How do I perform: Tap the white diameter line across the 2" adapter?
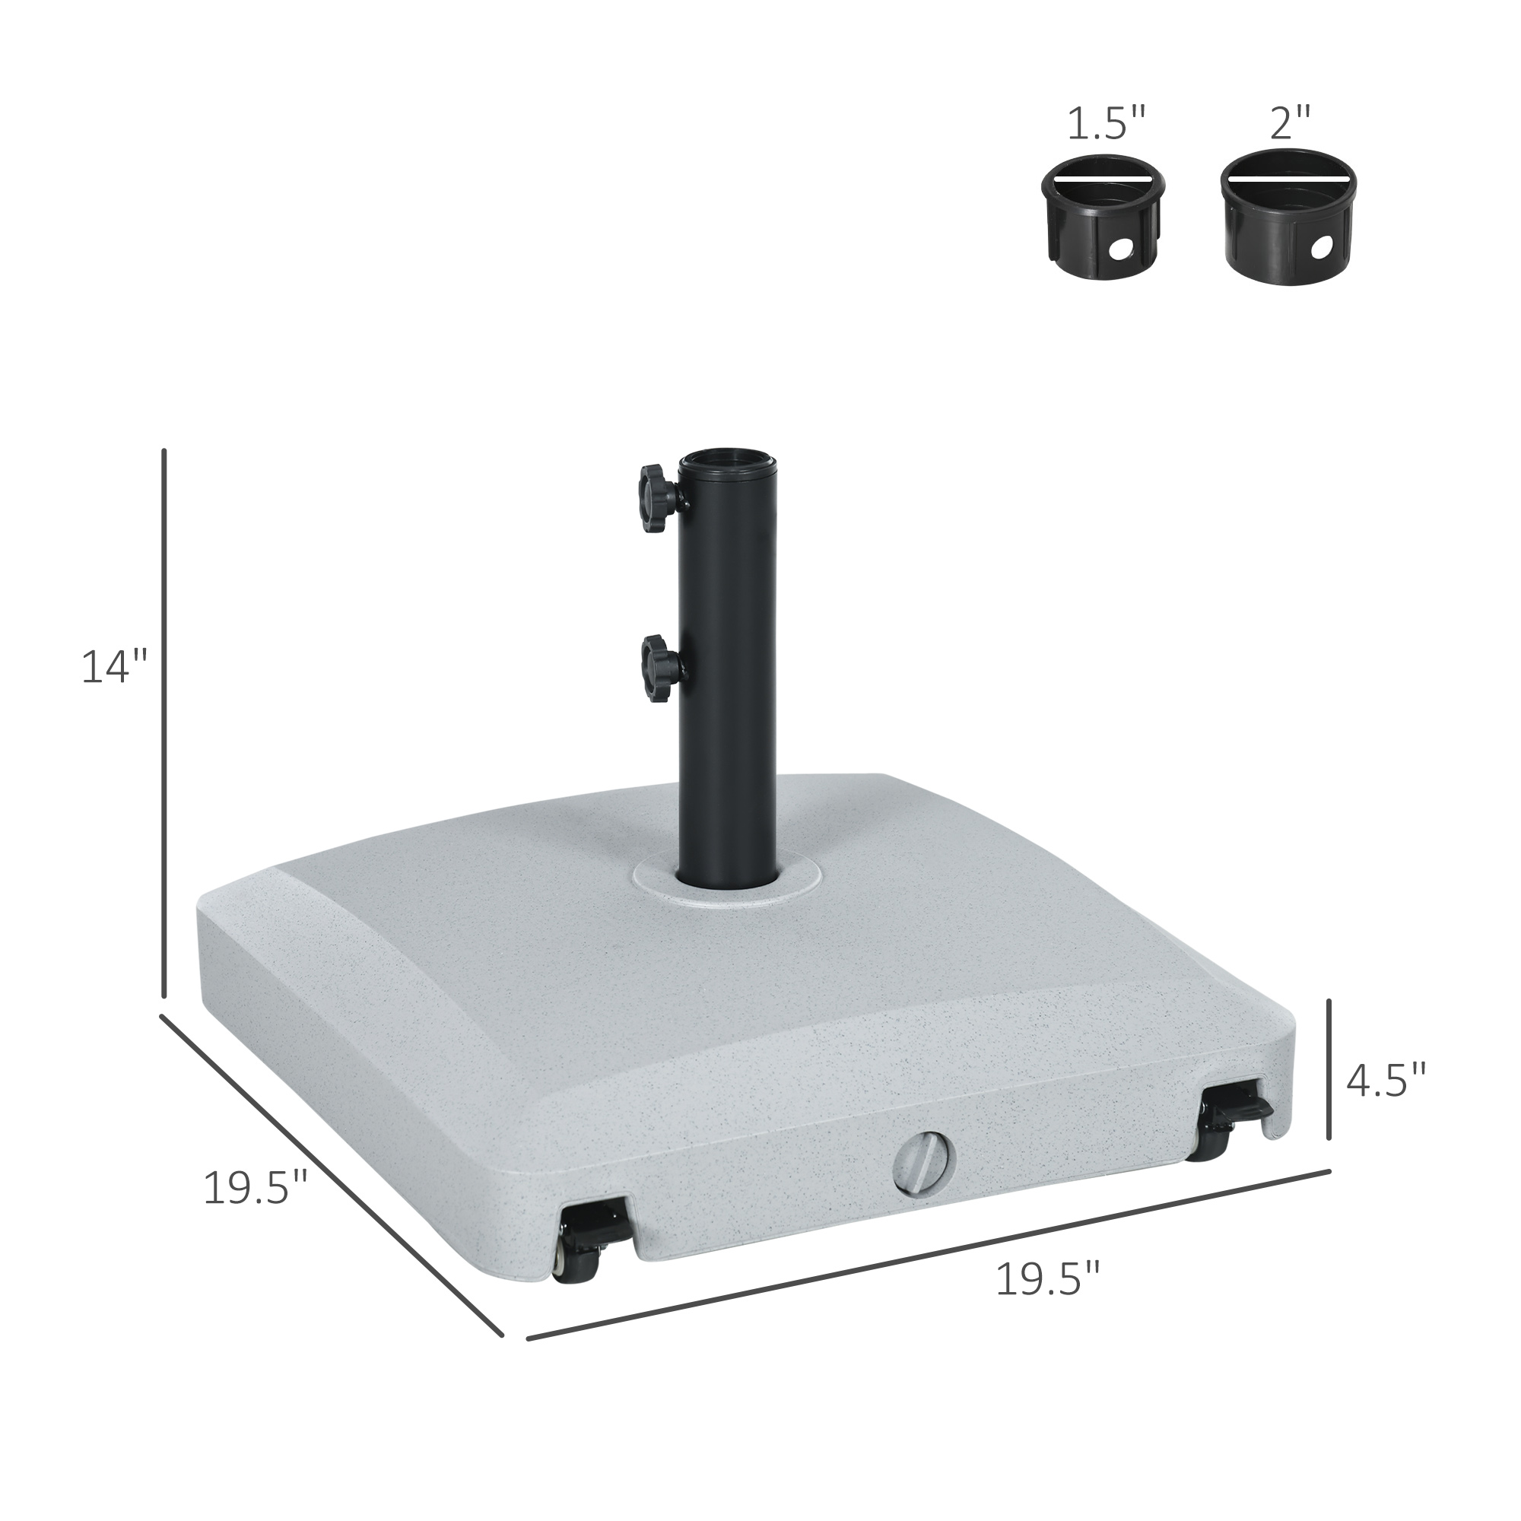pyautogui.click(x=1289, y=178)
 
